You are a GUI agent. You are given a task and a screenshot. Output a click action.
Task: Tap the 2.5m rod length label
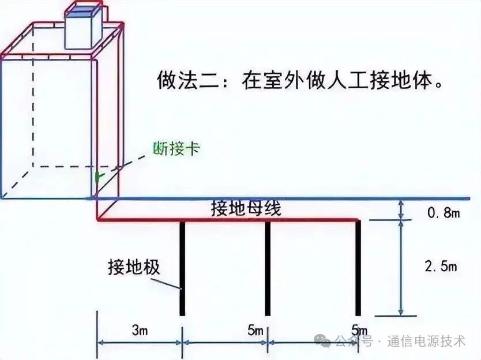point(441,267)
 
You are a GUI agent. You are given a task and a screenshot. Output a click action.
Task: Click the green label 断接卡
point(176,148)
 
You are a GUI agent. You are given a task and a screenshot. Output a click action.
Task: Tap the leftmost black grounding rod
point(182,268)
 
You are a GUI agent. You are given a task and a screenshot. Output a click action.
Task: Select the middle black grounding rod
point(268,268)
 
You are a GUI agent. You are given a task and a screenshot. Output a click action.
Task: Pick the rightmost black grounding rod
point(358,268)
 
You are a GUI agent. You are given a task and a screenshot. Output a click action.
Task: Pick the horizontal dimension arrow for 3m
point(139,342)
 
